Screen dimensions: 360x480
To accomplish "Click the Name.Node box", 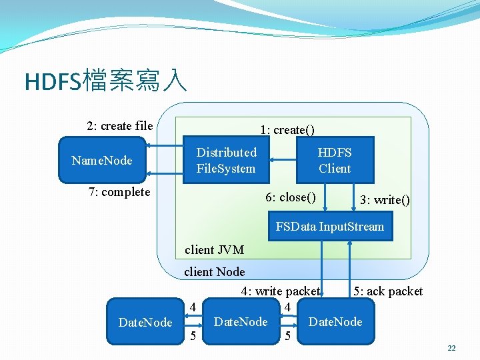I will coord(102,160).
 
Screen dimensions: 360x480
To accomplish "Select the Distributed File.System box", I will coord(226,160).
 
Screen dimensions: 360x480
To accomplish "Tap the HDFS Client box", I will coord(334,160).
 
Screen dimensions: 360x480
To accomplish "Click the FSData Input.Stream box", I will coord(329,227).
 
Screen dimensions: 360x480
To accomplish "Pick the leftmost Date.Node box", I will coord(144,322).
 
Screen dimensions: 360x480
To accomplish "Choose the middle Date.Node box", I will coord(240,322).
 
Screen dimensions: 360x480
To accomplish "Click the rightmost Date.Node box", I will coord(335,322).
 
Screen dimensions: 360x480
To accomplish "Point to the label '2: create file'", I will coord(119,125).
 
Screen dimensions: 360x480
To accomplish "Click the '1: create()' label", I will coord(287,129).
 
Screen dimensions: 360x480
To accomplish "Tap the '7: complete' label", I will coord(119,192).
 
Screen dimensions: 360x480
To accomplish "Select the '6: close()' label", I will coord(290,197).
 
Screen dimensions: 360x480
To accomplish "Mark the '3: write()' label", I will coord(385,200).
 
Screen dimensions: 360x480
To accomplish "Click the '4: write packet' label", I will coord(280,291).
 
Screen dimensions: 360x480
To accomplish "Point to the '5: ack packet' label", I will coord(388,291).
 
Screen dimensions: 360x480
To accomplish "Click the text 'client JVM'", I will coord(214,250).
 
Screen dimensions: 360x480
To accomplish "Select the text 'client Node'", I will coord(214,271).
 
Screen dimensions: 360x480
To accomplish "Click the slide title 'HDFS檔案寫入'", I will coord(105,81).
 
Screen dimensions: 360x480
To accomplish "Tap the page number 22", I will coord(451,349).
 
